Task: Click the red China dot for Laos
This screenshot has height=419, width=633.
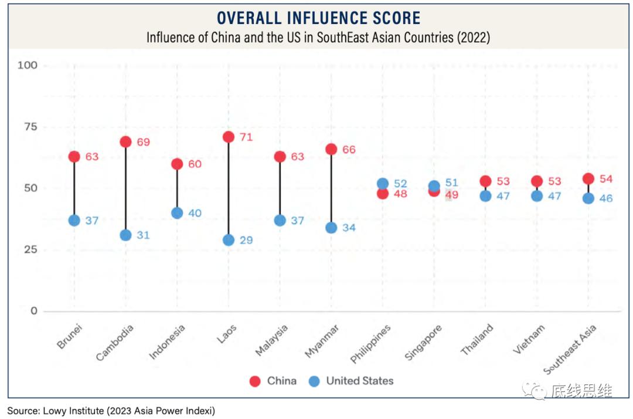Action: [229, 137]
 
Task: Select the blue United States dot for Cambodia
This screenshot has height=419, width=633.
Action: [125, 235]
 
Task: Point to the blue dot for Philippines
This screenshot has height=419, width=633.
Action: [383, 184]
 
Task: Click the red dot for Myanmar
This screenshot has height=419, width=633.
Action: [331, 149]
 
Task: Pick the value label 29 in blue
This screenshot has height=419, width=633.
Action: [246, 241]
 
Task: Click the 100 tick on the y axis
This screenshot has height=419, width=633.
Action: [27, 65]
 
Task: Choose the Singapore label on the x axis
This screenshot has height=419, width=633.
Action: [423, 343]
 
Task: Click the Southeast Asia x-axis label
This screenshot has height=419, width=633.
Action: [570, 349]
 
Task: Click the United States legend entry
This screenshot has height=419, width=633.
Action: [351, 381]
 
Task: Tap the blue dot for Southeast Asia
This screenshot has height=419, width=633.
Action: [588, 198]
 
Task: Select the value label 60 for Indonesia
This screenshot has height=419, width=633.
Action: [195, 164]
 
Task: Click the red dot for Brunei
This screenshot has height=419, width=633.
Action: [74, 157]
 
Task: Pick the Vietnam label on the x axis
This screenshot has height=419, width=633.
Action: [529, 339]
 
